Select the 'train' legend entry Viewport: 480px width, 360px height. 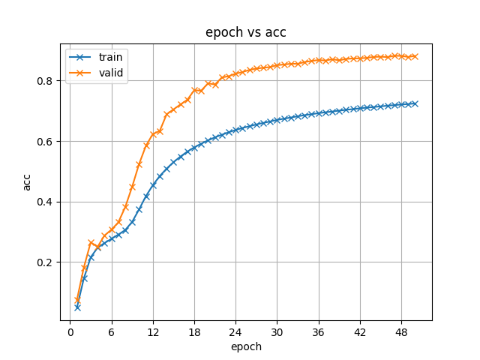click(x=105, y=57)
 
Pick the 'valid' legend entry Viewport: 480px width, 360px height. click(x=105, y=73)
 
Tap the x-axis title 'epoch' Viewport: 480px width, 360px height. click(x=245, y=346)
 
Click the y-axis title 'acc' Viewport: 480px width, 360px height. click(x=28, y=181)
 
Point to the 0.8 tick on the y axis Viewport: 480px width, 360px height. click(x=46, y=81)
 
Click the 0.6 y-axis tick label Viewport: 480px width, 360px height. click(x=46, y=142)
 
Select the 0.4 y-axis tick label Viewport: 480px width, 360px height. click(x=46, y=202)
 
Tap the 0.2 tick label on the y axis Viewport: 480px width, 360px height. click(x=46, y=262)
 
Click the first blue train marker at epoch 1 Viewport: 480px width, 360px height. click(x=77, y=307)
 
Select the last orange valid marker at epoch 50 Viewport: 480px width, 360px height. click(x=414, y=57)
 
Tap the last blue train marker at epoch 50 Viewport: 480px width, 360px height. click(x=414, y=103)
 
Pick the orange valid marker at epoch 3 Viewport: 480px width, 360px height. click(x=91, y=243)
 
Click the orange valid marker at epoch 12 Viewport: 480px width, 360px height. click(x=153, y=135)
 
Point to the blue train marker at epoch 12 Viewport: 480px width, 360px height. click(x=153, y=184)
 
